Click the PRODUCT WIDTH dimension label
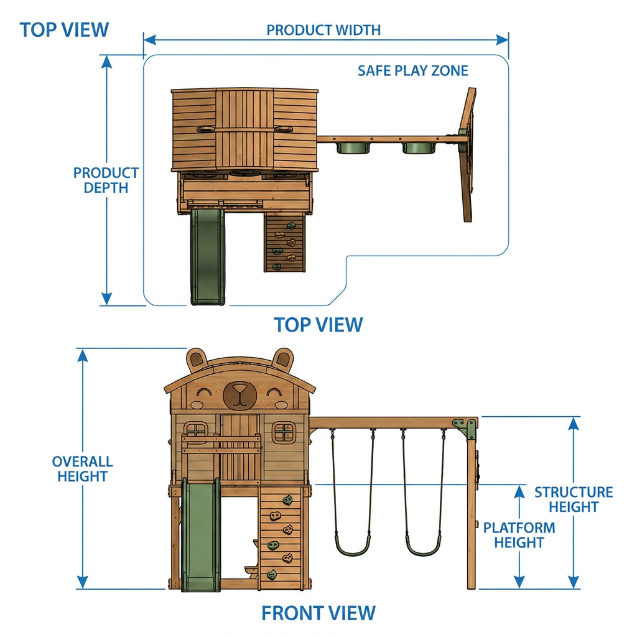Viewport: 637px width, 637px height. [323, 30]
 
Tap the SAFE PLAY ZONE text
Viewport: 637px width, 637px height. [413, 71]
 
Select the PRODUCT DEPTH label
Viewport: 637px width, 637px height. [106, 180]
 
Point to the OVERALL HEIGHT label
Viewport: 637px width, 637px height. [83, 469]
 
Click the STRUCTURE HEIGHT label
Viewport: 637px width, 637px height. [574, 500]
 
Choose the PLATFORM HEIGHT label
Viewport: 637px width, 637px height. [519, 535]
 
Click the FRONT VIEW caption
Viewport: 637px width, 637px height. [318, 613]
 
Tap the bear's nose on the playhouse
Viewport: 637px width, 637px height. [239, 394]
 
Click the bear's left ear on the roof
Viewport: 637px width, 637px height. [197, 360]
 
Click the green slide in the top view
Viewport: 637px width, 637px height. [208, 257]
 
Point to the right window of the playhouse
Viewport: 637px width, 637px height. [284, 433]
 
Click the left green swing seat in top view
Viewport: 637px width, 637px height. [353, 148]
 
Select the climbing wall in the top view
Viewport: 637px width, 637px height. [284, 243]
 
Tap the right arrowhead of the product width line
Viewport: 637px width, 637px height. [502, 40]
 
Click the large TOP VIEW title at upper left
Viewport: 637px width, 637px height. [64, 30]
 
